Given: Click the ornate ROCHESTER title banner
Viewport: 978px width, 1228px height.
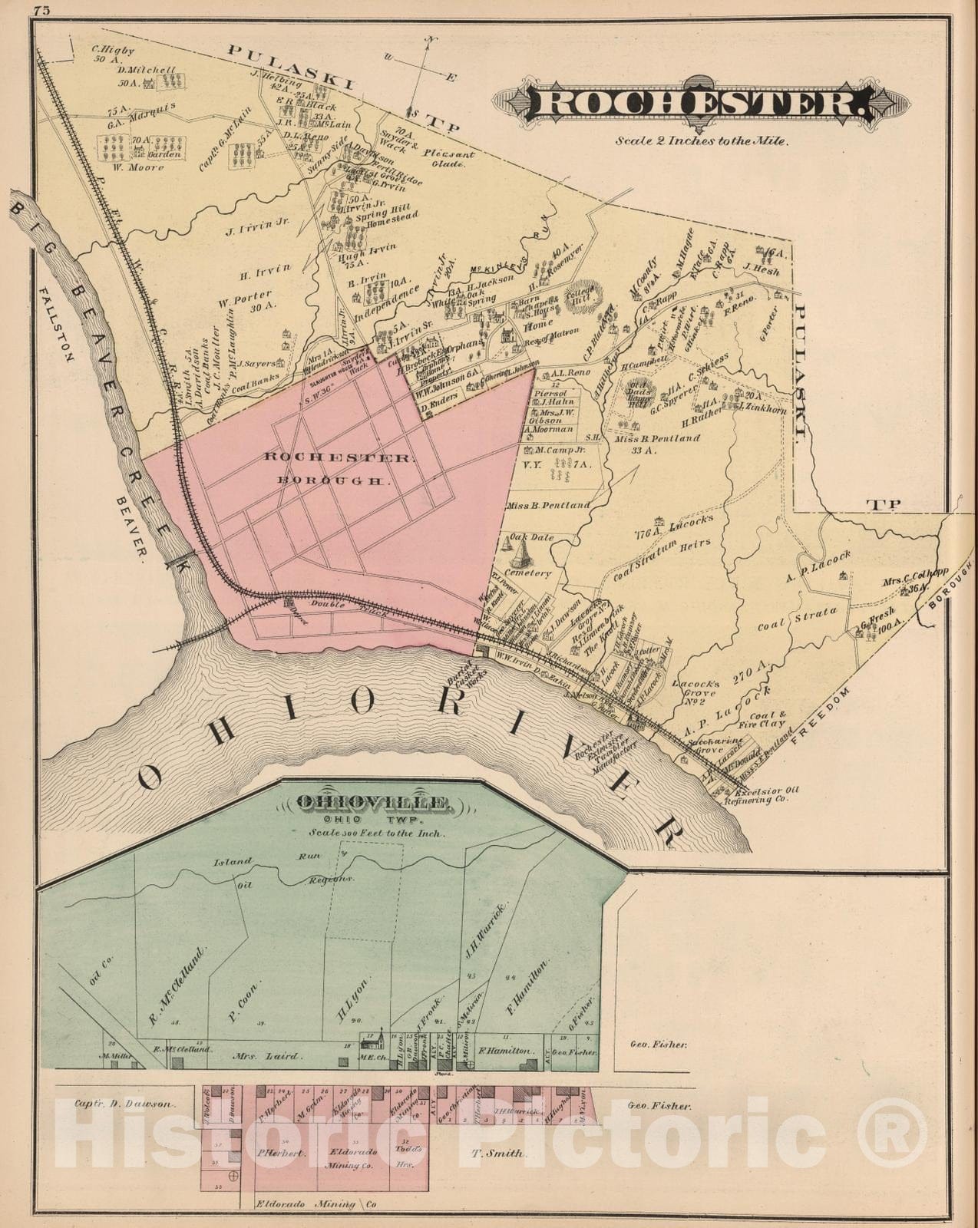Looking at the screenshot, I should coord(701,103).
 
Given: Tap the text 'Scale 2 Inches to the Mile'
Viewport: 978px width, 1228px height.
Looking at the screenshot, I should coord(700,140).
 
